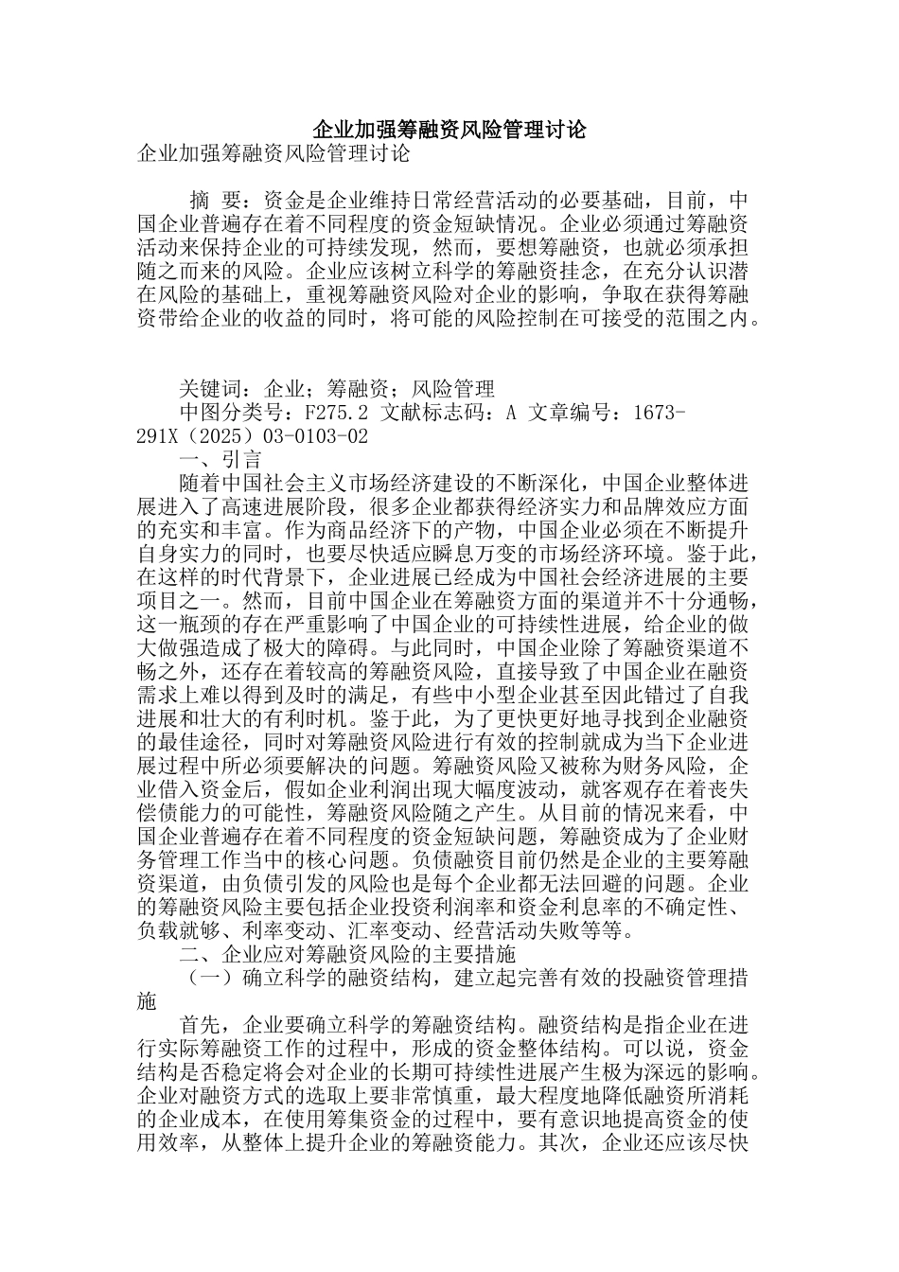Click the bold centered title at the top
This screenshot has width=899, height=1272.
tap(449, 129)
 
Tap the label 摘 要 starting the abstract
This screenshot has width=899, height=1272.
tap(215, 201)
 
